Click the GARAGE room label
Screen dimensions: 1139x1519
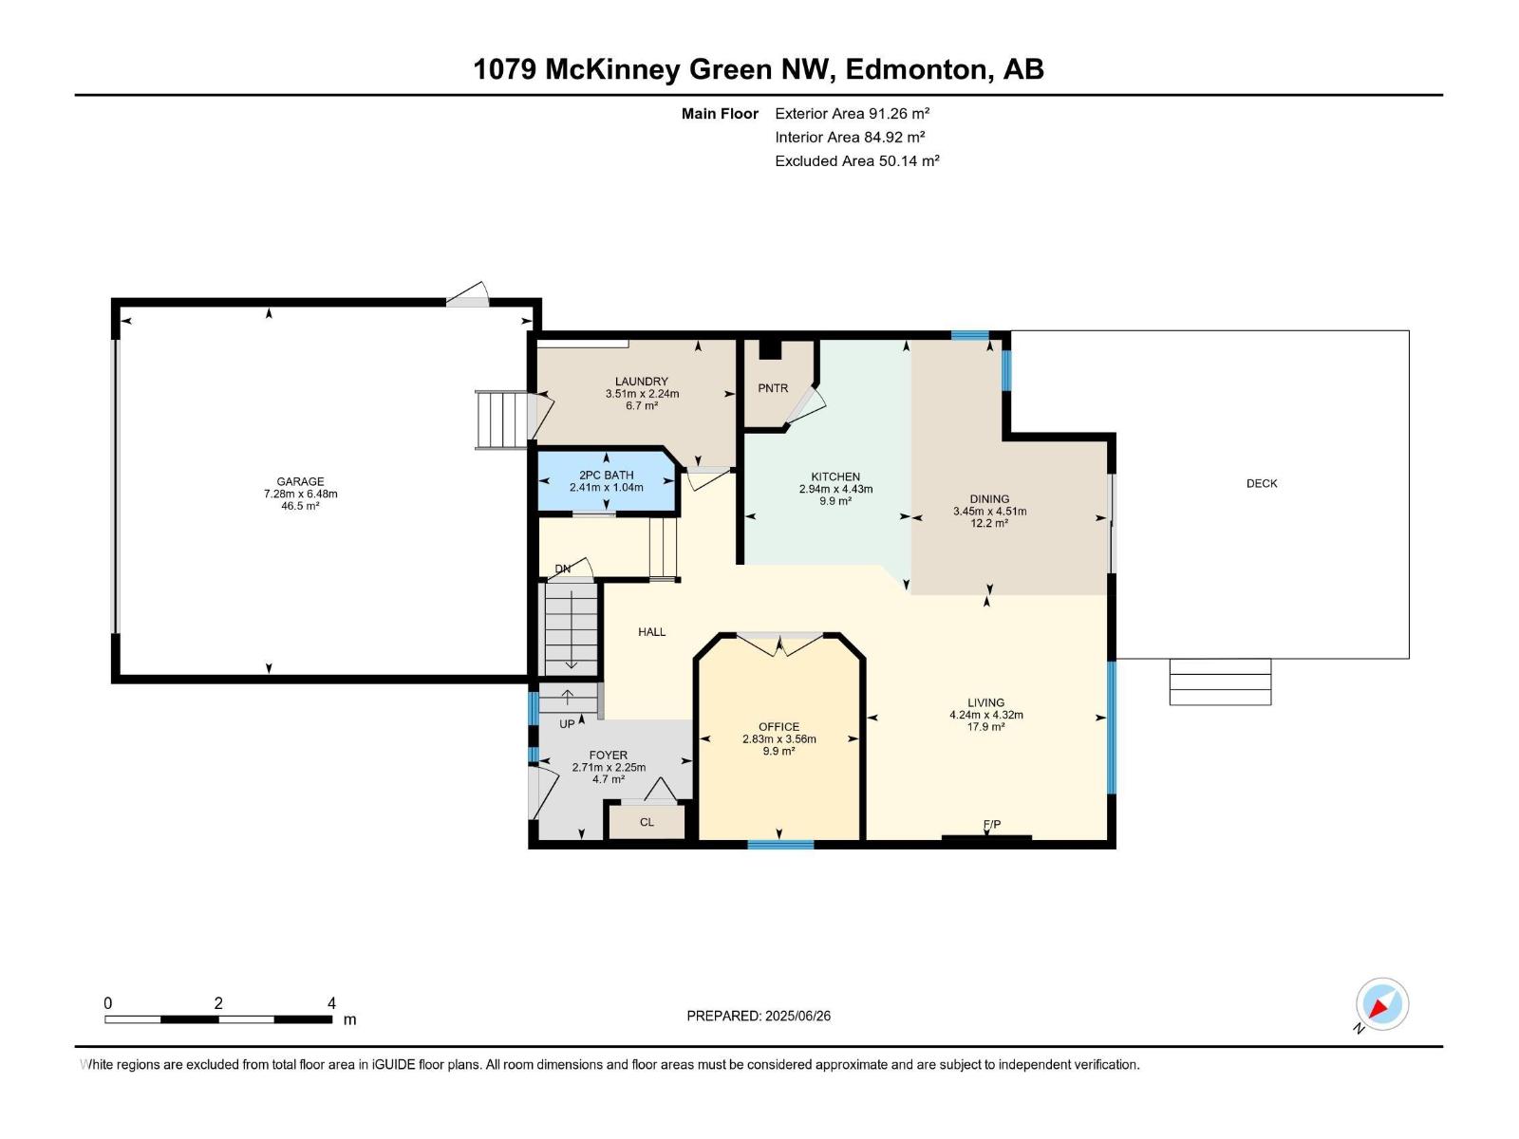tap(300, 481)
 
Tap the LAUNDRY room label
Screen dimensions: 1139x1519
tap(641, 382)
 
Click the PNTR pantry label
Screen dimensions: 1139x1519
tap(773, 388)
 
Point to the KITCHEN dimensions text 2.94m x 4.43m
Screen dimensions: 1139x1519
tap(835, 489)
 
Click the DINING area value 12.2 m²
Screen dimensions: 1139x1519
tap(989, 523)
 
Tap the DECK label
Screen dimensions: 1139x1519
tap(1262, 483)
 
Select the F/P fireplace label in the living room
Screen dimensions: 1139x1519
tap(991, 824)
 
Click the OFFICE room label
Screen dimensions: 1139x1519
tap(778, 727)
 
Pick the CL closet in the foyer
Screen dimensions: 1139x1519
tap(647, 822)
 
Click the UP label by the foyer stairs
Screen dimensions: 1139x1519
tap(567, 724)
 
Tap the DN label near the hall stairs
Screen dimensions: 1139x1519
tap(563, 569)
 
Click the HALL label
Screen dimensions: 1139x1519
tap(651, 631)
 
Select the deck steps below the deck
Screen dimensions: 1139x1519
tap(1220, 682)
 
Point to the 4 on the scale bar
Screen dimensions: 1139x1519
tap(331, 1003)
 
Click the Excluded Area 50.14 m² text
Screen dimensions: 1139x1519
tap(856, 161)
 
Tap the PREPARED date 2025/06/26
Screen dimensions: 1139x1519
tap(797, 1016)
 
